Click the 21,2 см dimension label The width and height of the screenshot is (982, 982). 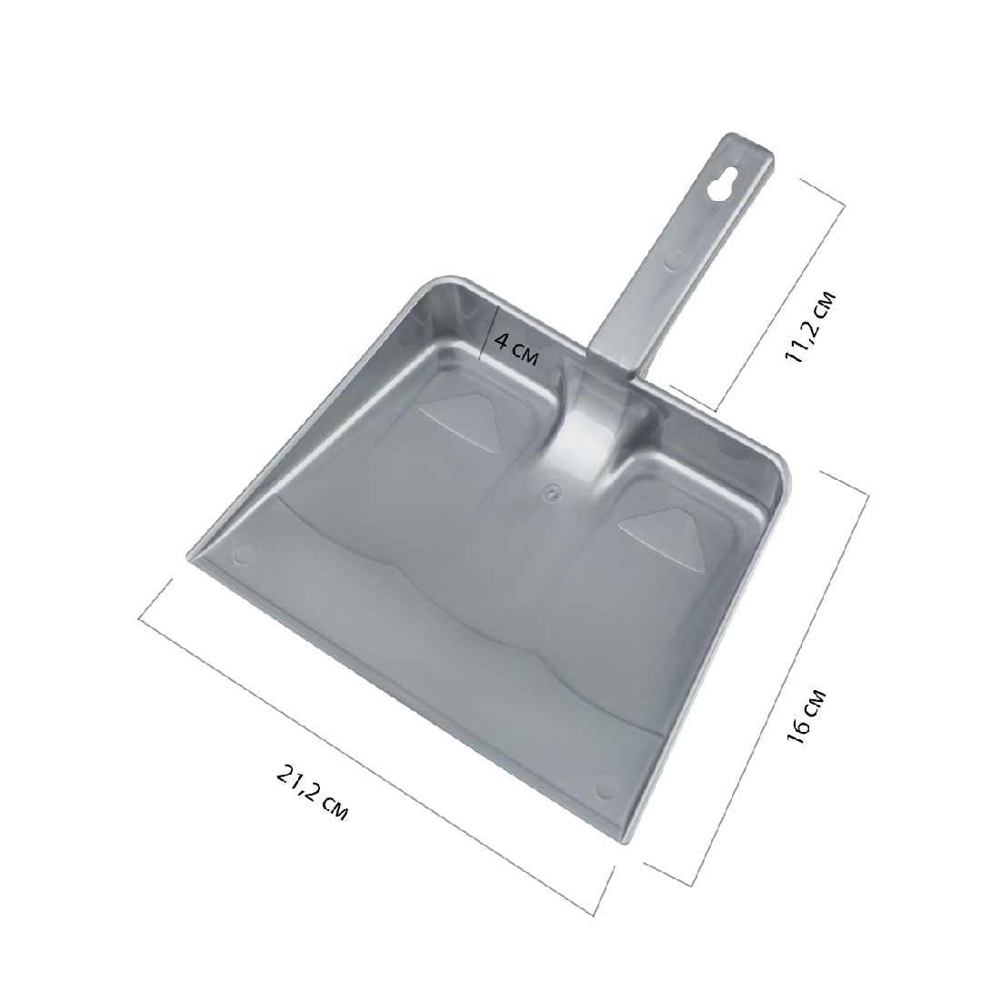311,793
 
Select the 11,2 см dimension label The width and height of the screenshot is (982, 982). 810,326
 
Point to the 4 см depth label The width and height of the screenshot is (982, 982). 516,349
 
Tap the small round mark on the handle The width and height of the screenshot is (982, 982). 675,257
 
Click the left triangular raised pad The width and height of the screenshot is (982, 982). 458,416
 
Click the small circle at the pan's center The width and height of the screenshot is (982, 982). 551,492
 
